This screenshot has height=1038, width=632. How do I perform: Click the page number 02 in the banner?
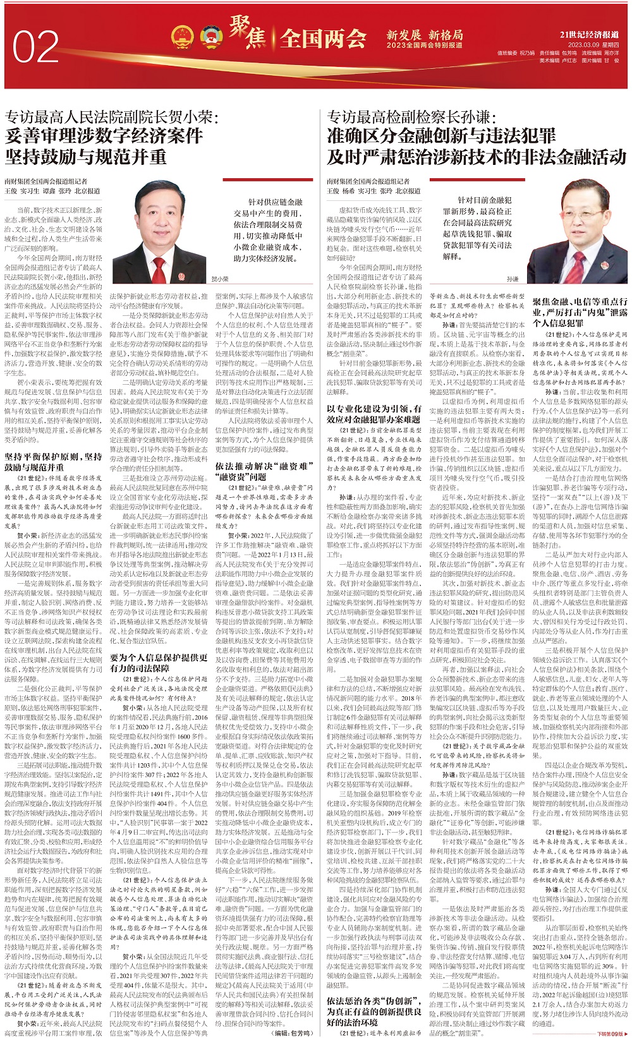(35, 47)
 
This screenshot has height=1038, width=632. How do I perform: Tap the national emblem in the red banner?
(183, 37)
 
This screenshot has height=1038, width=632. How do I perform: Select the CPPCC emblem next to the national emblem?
(210, 37)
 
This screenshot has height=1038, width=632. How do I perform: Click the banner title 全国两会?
(323, 39)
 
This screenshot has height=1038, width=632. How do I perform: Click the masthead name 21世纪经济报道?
(589, 34)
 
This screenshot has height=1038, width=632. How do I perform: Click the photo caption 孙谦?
(513, 279)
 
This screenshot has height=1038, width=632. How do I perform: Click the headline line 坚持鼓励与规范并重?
(86, 156)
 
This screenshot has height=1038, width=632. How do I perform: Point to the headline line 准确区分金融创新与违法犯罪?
(441, 136)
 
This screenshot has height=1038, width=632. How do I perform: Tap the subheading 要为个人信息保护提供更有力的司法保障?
(159, 662)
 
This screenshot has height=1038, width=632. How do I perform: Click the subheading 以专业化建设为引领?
(374, 413)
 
